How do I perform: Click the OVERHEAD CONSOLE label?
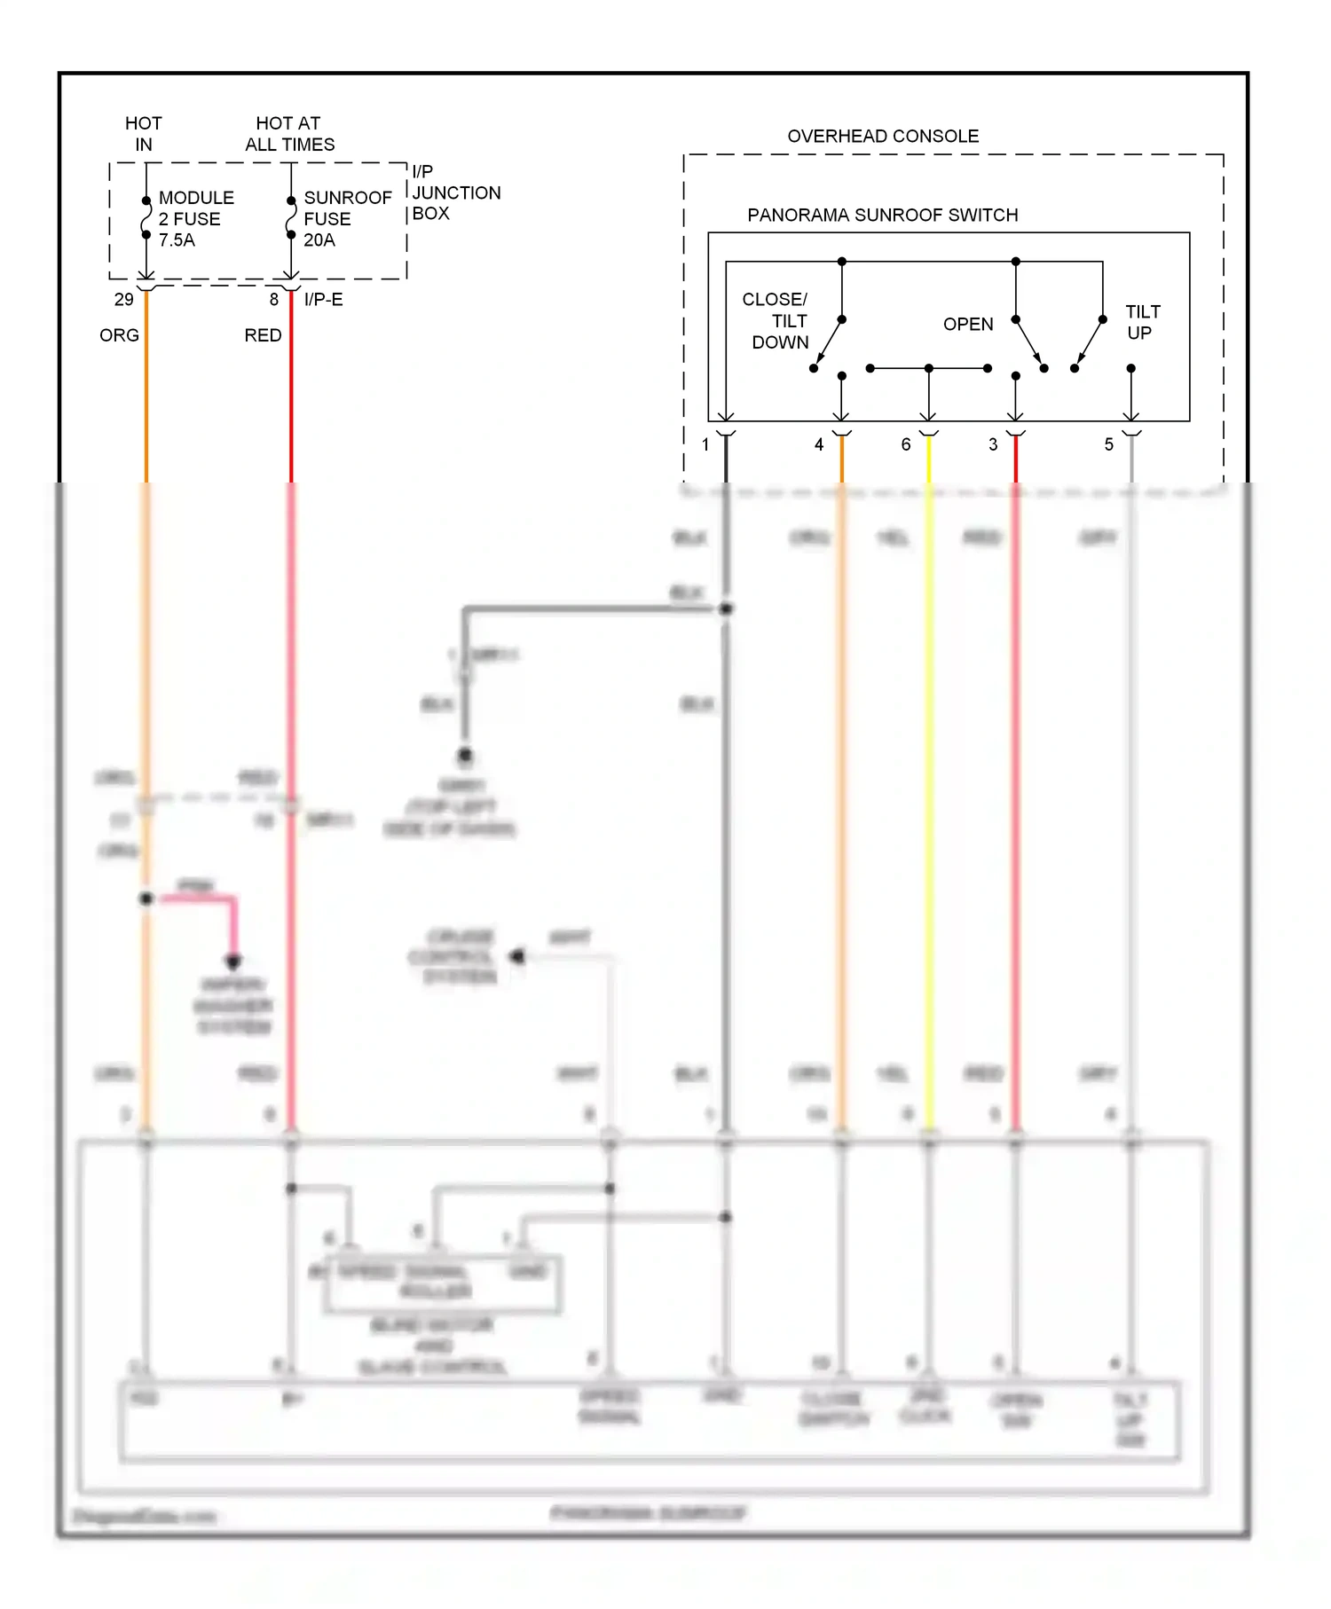click(x=883, y=136)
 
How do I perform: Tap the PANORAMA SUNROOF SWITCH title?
click(x=882, y=215)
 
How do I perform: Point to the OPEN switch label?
click(x=967, y=324)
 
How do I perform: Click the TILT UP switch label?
click(x=1142, y=322)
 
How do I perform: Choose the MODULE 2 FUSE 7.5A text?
click(x=196, y=218)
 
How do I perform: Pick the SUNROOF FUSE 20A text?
click(x=347, y=218)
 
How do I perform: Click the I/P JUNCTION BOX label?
click(x=455, y=192)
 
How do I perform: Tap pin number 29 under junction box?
click(x=123, y=300)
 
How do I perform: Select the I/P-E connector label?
click(x=323, y=300)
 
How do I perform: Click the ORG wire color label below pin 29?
click(x=119, y=335)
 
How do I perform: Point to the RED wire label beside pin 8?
click(x=263, y=335)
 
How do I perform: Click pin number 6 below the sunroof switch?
click(x=905, y=444)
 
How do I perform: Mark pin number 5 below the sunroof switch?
click(x=1108, y=444)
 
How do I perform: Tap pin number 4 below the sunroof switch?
click(x=818, y=444)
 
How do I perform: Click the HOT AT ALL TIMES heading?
click(x=289, y=133)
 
